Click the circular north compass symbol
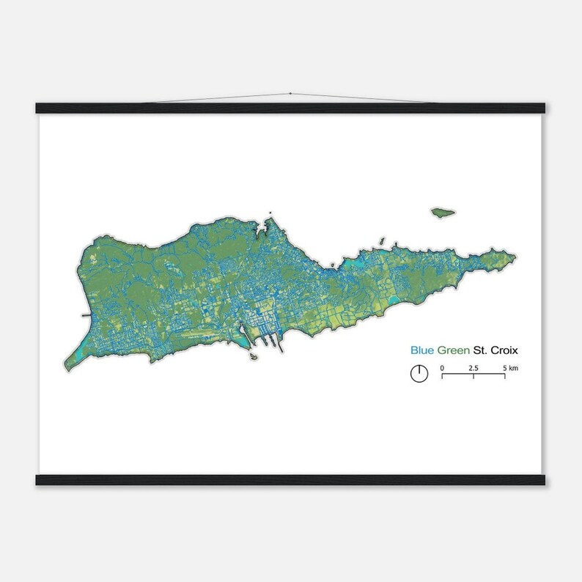[418, 373]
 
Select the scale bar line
[473, 375]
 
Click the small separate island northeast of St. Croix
[440, 213]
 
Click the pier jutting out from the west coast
[85, 315]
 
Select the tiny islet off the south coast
[252, 358]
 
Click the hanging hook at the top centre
[291, 94]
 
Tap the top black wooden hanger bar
[291, 108]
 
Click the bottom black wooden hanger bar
[291, 480]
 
